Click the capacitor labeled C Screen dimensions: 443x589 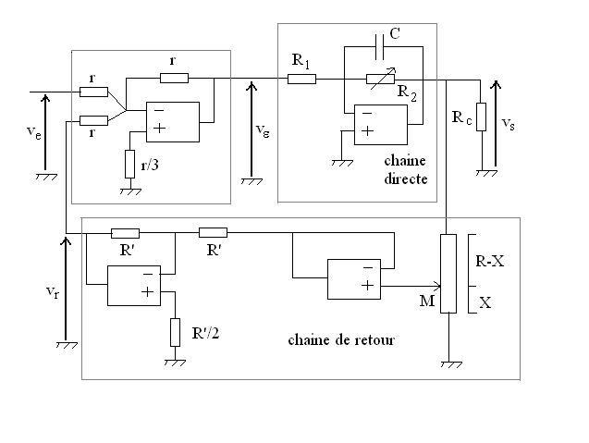click(381, 44)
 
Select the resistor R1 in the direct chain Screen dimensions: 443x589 click(302, 79)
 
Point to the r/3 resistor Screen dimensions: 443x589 click(129, 163)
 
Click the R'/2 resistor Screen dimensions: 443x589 click(175, 331)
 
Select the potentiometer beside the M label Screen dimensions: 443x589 click(448, 274)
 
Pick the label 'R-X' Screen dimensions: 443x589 click(489, 261)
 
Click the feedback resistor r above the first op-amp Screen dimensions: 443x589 click(174, 79)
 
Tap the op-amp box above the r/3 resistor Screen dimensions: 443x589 click(171, 121)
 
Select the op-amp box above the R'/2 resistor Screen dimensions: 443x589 click(134, 285)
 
